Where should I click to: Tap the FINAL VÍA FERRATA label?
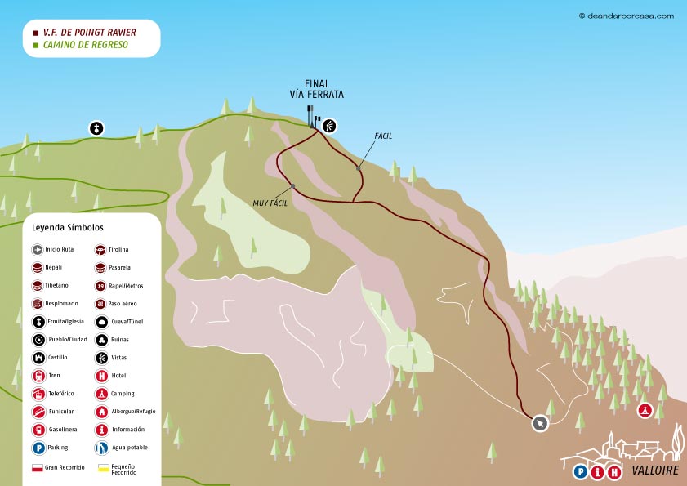[x=317, y=89]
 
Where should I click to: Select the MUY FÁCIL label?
[x=270, y=202]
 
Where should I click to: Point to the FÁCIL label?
[x=383, y=136]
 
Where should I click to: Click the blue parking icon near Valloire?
[x=580, y=471]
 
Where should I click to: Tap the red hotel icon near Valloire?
[x=615, y=471]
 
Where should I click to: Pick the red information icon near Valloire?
[x=597, y=471]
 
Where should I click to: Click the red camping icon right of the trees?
[x=645, y=410]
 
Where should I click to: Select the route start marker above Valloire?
[x=540, y=423]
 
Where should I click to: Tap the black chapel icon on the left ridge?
[x=96, y=128]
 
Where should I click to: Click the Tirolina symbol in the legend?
[x=101, y=249]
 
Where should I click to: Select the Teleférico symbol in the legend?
[x=38, y=393]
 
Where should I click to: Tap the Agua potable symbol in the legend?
[x=101, y=447]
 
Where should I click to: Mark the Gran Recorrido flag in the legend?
[x=37, y=468]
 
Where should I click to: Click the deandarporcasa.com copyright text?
[x=626, y=15]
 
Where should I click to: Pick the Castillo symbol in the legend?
[x=38, y=357]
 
